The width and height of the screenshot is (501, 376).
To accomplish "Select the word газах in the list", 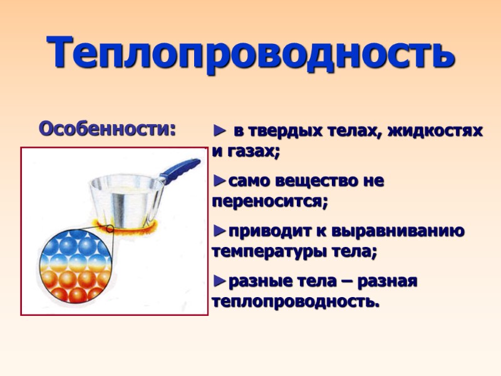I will click(x=252, y=152).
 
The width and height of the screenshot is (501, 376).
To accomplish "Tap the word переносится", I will click(x=269, y=203).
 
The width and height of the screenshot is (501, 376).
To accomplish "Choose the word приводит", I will click(x=261, y=232).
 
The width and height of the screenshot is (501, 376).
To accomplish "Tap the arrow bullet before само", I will click(x=219, y=182).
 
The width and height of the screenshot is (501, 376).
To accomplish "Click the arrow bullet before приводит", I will click(x=219, y=232).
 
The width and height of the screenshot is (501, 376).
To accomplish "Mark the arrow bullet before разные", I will click(x=219, y=281).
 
